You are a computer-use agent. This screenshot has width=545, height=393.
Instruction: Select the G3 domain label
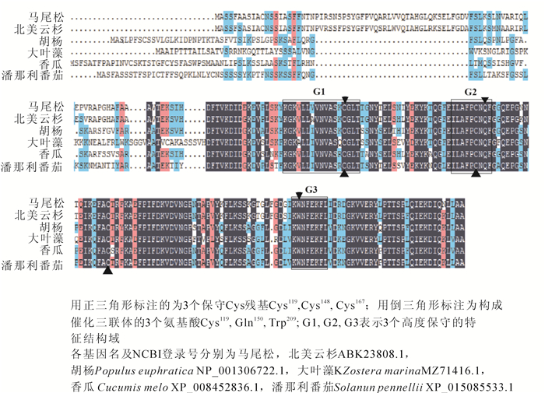click(311, 189)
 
